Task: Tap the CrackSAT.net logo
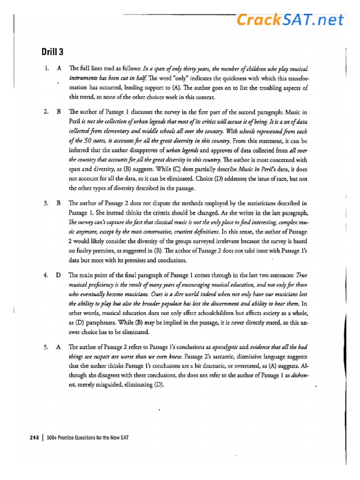pyautogui.click(x=290, y=20)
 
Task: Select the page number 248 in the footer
pyautogui.click(x=34, y=437)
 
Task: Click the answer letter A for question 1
pyautogui.click(x=59, y=68)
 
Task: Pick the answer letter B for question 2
pyautogui.click(x=59, y=112)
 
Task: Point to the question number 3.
pyautogui.click(x=47, y=203)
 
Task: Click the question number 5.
pyautogui.click(x=47, y=347)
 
